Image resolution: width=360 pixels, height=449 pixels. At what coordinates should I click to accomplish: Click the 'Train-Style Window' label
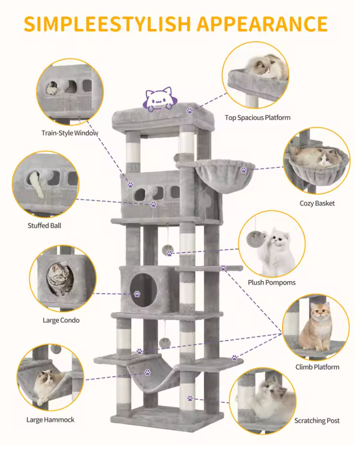69,133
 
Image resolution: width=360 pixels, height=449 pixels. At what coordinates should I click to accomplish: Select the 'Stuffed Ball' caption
44,225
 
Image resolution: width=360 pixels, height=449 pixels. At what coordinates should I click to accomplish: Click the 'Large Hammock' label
50,420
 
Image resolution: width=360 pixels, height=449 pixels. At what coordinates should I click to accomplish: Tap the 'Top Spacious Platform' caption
258,118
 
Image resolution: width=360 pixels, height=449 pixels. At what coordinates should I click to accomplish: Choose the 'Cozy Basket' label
317,203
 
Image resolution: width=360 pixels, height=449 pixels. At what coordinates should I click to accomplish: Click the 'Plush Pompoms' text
272,283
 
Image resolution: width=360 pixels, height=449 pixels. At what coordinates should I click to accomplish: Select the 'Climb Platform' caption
317,367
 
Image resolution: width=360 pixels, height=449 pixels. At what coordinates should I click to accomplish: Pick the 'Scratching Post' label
317,421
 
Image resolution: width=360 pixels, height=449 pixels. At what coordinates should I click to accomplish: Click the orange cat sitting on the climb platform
318,326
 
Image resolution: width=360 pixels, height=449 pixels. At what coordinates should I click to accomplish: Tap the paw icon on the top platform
190,110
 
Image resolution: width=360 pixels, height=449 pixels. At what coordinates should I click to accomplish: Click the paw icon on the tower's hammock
148,372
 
